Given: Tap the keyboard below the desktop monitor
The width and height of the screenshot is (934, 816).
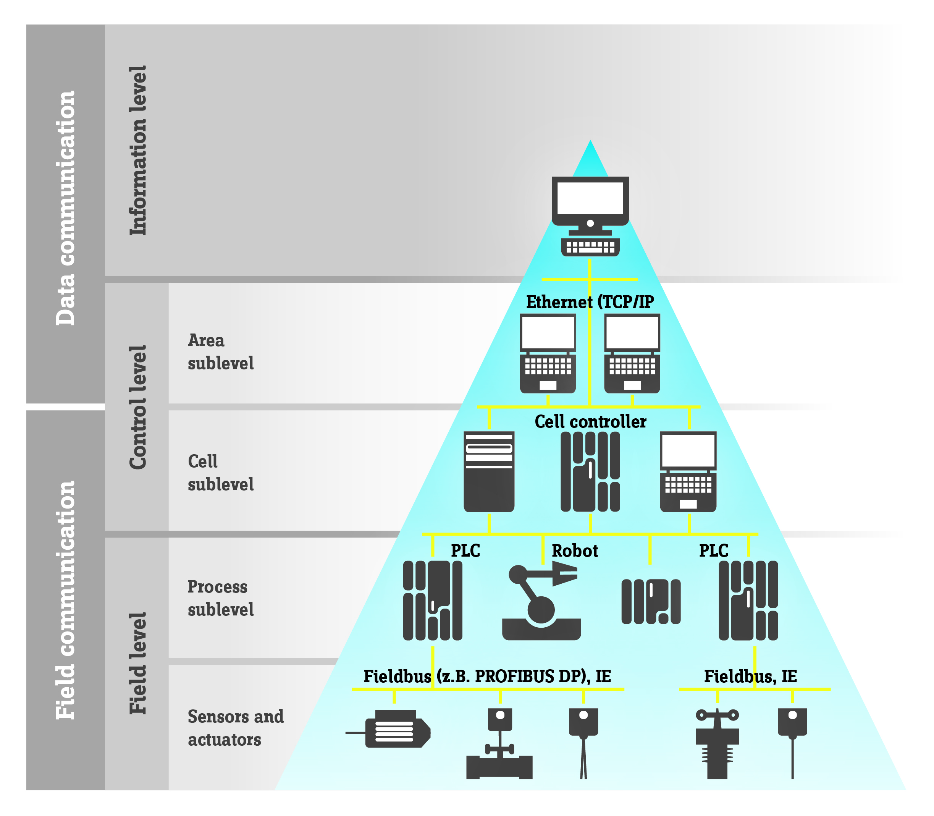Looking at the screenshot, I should (590, 247).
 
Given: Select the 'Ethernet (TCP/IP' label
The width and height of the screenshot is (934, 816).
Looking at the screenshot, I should (590, 302).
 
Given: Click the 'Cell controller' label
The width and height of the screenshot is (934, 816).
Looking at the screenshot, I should (590, 422).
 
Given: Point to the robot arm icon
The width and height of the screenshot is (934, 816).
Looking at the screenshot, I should (541, 601).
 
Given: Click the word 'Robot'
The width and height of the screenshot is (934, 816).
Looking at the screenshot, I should (574, 551).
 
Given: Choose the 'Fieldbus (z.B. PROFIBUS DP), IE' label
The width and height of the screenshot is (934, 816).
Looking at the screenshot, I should (487, 676).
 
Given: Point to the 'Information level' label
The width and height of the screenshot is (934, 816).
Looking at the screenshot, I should (138, 150).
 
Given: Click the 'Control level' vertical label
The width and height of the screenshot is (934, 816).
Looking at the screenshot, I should (138, 407).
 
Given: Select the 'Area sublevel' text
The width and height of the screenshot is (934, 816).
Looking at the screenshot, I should (221, 351).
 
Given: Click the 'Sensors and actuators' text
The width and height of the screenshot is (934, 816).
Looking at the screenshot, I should (235, 728).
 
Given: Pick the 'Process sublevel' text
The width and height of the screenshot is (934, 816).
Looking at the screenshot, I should (221, 598).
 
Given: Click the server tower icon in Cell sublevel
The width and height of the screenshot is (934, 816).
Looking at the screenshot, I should (489, 471).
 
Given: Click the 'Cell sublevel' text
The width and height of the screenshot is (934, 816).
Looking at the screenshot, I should (221, 473).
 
